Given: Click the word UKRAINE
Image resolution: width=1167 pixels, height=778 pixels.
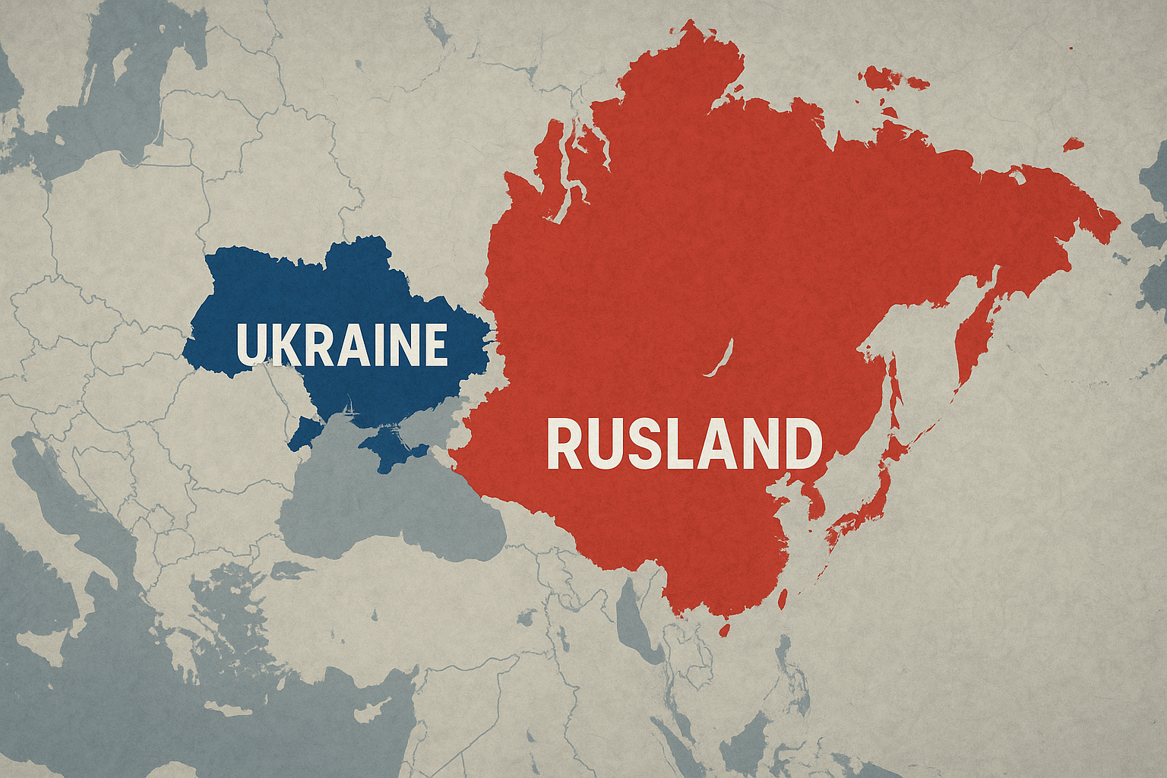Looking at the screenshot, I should tap(341, 345).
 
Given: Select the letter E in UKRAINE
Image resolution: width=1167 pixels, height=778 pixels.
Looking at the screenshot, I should tap(433, 345).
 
